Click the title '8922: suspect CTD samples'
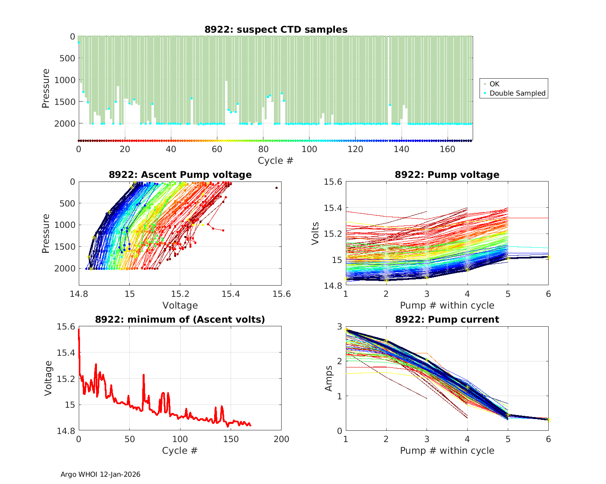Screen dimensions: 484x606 pos(276,29)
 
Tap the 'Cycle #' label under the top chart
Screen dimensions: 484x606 pos(276,161)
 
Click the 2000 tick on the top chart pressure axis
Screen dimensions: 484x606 pos(65,123)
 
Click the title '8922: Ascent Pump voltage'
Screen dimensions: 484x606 pos(180,175)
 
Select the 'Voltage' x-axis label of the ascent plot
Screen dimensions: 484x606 pos(180,305)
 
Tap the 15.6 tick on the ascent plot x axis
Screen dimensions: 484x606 pos(281,294)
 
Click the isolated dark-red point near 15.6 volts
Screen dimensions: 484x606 pos(276,188)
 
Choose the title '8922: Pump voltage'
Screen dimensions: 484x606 pos(447,175)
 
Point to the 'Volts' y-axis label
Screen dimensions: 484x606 pos(316,234)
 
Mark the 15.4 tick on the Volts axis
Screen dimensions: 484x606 pos(332,208)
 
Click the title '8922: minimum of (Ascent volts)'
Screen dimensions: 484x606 pos(180,319)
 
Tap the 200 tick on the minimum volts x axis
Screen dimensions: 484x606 pos(281,439)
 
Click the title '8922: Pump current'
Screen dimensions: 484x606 pos(447,319)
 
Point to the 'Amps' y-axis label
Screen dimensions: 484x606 pos(329,378)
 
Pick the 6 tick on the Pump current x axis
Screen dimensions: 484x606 pos(548,439)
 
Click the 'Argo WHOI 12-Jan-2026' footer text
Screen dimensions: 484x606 pos(101,474)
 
